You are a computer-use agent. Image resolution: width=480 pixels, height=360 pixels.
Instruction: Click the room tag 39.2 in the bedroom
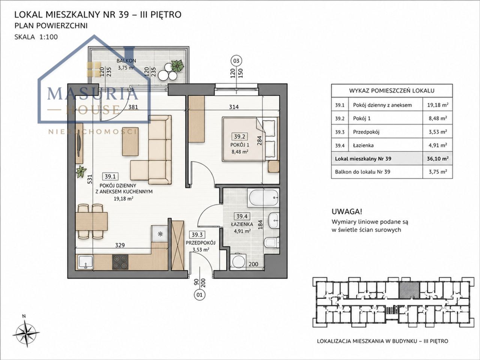[x=240, y=136]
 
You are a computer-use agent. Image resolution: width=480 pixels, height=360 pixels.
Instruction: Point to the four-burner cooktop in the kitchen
[x=120, y=262]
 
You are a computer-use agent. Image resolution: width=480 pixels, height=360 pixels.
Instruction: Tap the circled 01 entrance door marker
[x=199, y=295]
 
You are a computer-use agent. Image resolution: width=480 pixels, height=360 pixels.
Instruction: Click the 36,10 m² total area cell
[x=438, y=159]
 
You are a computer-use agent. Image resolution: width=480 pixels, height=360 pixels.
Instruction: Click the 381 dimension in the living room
[x=133, y=107]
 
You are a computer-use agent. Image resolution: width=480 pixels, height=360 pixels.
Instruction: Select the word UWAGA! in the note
[x=347, y=211]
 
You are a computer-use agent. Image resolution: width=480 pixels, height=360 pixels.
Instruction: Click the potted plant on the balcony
[x=177, y=66]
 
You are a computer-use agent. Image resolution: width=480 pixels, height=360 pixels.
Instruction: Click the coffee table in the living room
[x=130, y=141]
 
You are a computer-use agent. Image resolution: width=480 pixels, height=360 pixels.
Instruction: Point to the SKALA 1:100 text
[x=36, y=37]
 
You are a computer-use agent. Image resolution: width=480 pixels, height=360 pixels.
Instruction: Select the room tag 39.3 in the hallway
[x=197, y=235]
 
